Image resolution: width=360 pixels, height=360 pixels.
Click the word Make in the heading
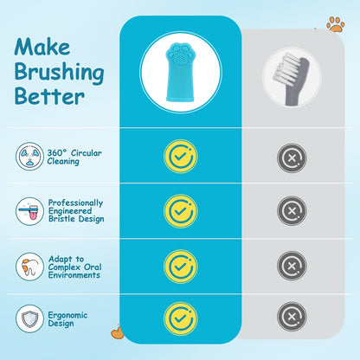(42, 47)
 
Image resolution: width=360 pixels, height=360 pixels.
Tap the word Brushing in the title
(59, 72)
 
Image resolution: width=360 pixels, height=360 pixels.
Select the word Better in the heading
(49, 96)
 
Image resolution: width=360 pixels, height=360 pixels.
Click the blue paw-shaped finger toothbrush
(180, 72)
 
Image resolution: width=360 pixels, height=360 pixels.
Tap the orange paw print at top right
(336, 24)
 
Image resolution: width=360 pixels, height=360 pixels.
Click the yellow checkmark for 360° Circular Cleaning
(181, 157)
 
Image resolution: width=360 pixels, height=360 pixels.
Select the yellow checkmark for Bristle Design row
(181, 211)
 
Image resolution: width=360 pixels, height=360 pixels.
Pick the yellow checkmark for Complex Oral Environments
(181, 267)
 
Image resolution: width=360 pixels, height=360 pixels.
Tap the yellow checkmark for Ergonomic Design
(181, 318)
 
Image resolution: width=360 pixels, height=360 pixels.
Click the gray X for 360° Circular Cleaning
(292, 157)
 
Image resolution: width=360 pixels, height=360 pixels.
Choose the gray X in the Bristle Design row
(292, 210)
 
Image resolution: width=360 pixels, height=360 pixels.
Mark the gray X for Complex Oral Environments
(292, 266)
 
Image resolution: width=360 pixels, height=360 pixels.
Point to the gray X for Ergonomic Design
(292, 317)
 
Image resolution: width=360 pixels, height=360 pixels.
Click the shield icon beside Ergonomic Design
(29, 318)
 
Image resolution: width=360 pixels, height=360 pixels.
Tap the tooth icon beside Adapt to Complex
(29, 267)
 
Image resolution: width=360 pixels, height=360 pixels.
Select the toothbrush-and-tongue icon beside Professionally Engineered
(29, 211)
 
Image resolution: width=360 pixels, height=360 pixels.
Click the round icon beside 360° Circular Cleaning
(29, 157)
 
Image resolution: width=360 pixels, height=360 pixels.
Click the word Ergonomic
(67, 315)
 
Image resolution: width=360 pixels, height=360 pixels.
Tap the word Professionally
(75, 203)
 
